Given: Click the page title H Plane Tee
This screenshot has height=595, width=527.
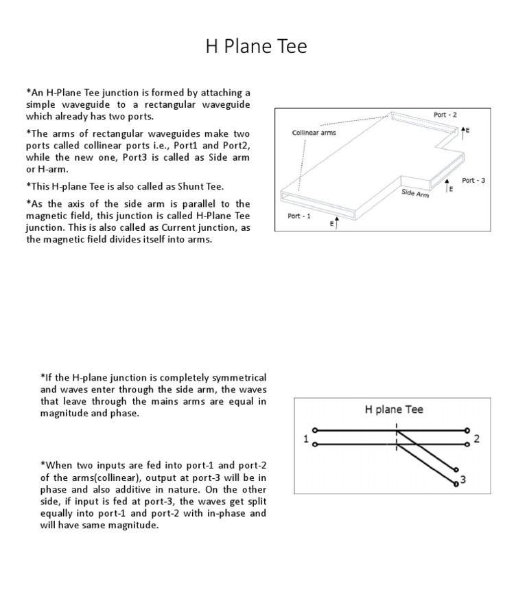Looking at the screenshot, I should [x=257, y=46].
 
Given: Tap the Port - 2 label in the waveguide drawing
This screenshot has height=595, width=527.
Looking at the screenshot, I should [x=445, y=114].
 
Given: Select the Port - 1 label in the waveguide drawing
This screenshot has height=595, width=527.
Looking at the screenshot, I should [x=298, y=216].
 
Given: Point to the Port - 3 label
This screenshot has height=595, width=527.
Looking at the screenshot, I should [x=473, y=180].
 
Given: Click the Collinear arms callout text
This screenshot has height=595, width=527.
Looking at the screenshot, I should [x=314, y=133].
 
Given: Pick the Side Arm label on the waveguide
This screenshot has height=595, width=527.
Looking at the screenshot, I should [x=415, y=194].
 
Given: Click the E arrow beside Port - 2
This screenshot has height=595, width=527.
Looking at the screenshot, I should [x=465, y=130].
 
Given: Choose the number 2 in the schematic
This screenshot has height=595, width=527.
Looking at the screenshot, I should [x=476, y=439].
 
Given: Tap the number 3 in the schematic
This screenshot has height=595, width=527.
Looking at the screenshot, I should [x=463, y=480].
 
